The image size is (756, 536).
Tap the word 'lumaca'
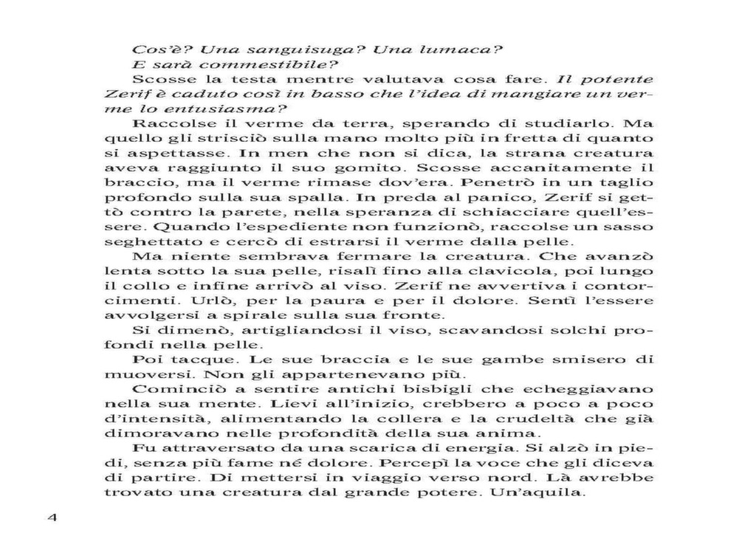point(457,50)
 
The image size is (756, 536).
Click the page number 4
point(52,518)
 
